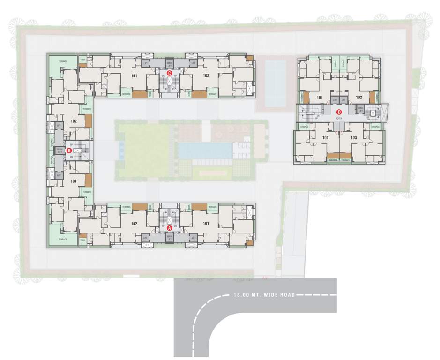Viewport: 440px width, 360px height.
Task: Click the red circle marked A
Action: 170,228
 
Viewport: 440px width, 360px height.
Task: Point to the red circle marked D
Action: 339,112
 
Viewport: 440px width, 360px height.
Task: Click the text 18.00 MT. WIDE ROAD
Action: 264,295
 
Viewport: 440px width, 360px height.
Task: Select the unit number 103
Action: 353,138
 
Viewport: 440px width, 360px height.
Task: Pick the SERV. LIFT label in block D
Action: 360,109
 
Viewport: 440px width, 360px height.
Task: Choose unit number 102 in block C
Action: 205,75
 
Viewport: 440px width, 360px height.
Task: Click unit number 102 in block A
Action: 134,224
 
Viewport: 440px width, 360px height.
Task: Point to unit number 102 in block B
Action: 73,121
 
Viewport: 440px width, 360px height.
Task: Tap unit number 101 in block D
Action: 320,97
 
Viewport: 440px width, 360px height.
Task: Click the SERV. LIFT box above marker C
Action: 169,63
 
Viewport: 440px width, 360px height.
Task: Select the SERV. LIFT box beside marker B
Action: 60,150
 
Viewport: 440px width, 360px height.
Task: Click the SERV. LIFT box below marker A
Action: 170,238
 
